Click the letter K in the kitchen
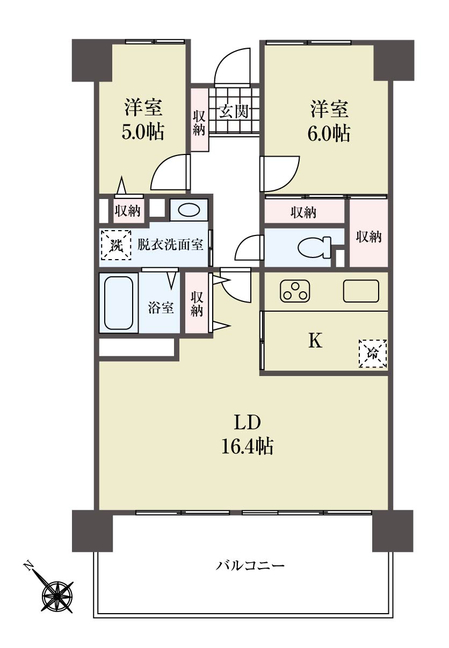tap(315, 341)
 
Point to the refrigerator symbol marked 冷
tap(373, 354)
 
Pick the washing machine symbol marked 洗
tap(116, 245)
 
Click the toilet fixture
tap(314, 247)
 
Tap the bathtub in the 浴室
tap(119, 303)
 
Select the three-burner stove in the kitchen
tap(295, 291)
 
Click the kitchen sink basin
tap(361, 291)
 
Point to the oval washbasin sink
tap(189, 210)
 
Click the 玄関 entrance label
tap(234, 112)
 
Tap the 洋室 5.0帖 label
tap(143, 120)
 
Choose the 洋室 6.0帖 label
tap(329, 121)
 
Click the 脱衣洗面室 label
tap(170, 245)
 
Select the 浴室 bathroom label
tap(161, 307)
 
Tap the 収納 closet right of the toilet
tap(368, 233)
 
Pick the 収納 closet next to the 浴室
tap(197, 303)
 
